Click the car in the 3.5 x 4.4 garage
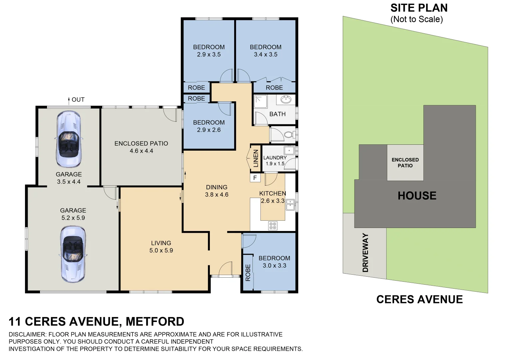pos(69,139)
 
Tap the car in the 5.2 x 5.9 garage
pos(73,254)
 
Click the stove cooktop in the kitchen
pos(273,226)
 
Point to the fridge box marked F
pos(255,178)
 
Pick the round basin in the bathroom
pos(286,100)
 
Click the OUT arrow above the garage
pos(69,101)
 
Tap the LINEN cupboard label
pos(256,158)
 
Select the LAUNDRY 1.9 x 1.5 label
pos(275,160)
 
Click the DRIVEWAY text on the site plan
pos(365,252)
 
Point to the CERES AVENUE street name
pos(419,299)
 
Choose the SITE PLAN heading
pos(419,8)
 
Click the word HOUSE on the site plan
pos(417,196)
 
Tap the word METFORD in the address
pos(155,321)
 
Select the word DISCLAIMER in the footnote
pos(28,334)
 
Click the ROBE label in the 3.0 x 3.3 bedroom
pos(248,273)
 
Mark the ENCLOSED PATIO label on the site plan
pos(405,163)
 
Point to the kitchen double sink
pos(290,205)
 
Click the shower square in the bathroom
pos(260,102)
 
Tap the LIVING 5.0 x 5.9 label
pos(161,247)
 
